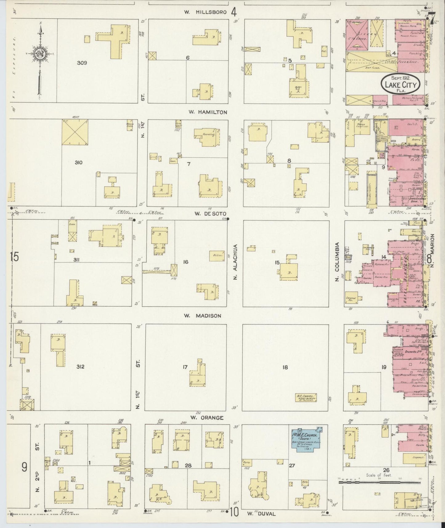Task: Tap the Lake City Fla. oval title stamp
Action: pyautogui.click(x=401, y=83)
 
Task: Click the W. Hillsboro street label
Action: pyautogui.click(x=205, y=12)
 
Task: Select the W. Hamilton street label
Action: pyautogui.click(x=208, y=112)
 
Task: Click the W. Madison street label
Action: pyautogui.click(x=203, y=316)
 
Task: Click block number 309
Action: pyautogui.click(x=82, y=63)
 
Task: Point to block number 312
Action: pyautogui.click(x=80, y=367)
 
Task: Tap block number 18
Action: pyautogui.click(x=285, y=367)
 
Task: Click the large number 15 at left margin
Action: pyautogui.click(x=14, y=257)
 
